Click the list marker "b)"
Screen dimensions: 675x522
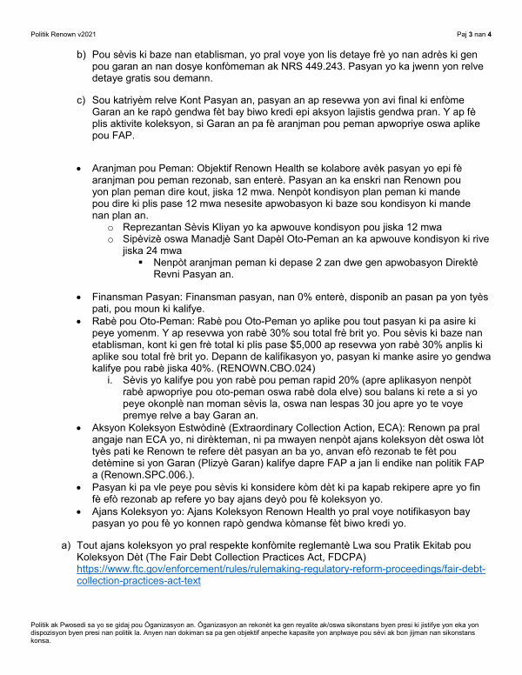[x=83, y=54]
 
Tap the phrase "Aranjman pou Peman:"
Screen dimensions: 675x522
[x=141, y=166]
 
